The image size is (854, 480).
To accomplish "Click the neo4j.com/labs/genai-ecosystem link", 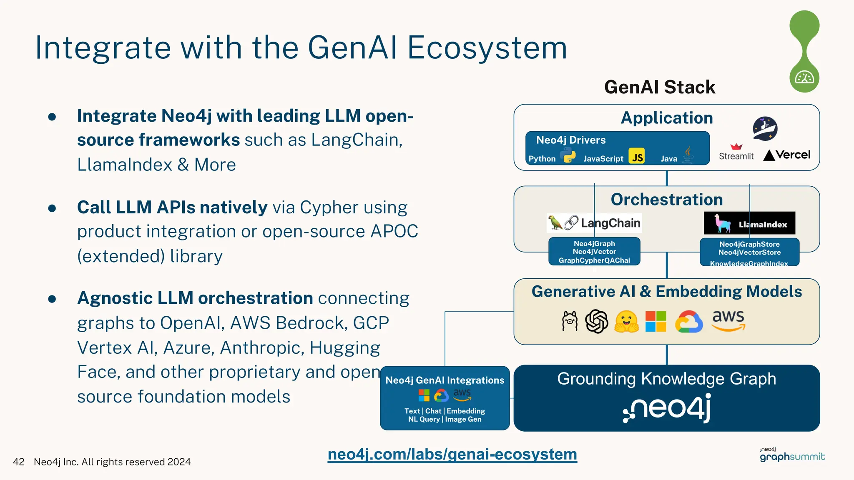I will coord(452,454).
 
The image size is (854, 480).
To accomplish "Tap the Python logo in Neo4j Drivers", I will coord(568,156).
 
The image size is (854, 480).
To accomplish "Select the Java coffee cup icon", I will coord(688,155).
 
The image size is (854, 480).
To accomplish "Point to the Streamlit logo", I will coord(736,152).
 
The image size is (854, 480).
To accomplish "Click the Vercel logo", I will coord(787,155).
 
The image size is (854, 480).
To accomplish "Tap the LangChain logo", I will coord(594,223).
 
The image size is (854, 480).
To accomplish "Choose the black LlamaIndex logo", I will coord(749,223).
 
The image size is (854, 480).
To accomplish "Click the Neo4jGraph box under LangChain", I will coord(594,252).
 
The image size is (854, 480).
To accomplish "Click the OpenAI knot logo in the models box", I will coord(597,321).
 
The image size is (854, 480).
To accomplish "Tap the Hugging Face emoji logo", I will coord(626,322).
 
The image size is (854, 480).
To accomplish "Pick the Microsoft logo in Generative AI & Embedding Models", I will coord(656,321).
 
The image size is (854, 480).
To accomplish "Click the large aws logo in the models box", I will coord(728,320).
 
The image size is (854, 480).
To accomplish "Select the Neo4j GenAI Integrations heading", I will coord(445,380).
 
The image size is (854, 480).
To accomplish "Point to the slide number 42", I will coord(19,462).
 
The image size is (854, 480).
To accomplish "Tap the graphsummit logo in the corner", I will coord(792,455).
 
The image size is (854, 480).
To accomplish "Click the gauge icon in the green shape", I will coord(804,77).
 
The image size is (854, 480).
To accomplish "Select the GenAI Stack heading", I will coord(660,87).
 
